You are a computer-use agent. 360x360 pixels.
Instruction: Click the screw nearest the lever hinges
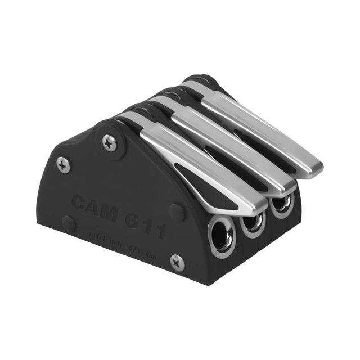(110, 142)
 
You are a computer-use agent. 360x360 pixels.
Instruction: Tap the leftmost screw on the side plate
(64, 164)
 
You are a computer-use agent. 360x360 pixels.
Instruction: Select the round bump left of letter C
(69, 222)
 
